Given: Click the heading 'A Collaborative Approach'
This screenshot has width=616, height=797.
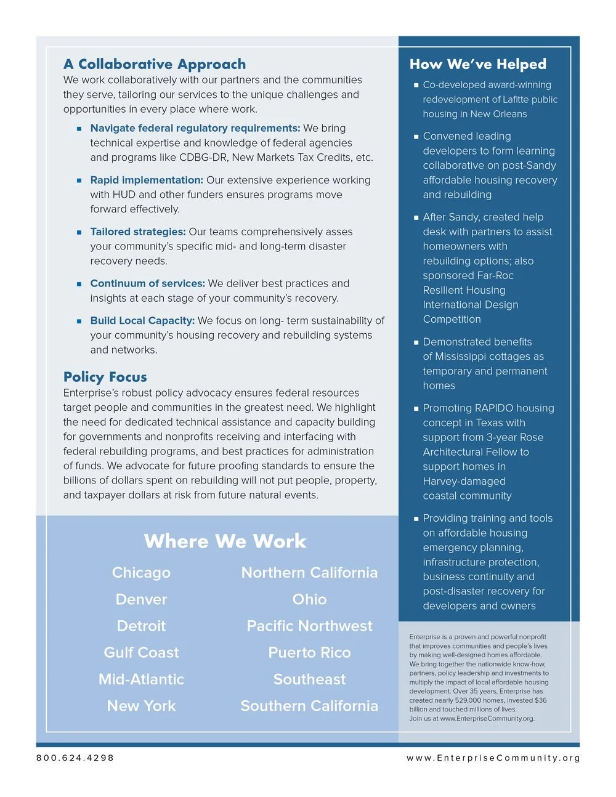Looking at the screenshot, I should [x=154, y=64].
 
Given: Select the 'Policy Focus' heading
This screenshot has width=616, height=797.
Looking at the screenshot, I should [x=105, y=377].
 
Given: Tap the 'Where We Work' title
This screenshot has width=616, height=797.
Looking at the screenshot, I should [x=225, y=541].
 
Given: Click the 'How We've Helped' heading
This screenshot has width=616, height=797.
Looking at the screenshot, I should [x=477, y=64].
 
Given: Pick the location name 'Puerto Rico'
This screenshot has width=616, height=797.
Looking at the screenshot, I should [x=309, y=652].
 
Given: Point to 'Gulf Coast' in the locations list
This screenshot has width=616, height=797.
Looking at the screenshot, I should [x=141, y=652].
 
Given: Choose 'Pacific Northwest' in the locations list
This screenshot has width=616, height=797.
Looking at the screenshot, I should [x=309, y=626].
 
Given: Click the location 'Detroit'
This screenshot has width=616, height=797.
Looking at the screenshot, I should [x=141, y=626].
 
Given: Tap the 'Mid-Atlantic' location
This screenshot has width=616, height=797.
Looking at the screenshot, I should [x=141, y=679].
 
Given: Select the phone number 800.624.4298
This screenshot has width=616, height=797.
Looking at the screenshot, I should [x=75, y=758].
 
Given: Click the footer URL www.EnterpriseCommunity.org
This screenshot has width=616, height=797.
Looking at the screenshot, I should [x=493, y=758].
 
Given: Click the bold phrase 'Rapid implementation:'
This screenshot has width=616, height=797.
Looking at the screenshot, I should [x=147, y=180].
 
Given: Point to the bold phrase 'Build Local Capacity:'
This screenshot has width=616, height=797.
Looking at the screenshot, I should [x=142, y=320].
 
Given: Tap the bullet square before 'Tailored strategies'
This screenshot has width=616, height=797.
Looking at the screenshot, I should [x=79, y=232].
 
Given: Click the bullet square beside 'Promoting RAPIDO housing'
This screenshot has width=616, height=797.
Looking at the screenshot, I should [x=416, y=408].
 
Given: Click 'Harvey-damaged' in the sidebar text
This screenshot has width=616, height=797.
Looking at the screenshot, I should [x=464, y=481].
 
